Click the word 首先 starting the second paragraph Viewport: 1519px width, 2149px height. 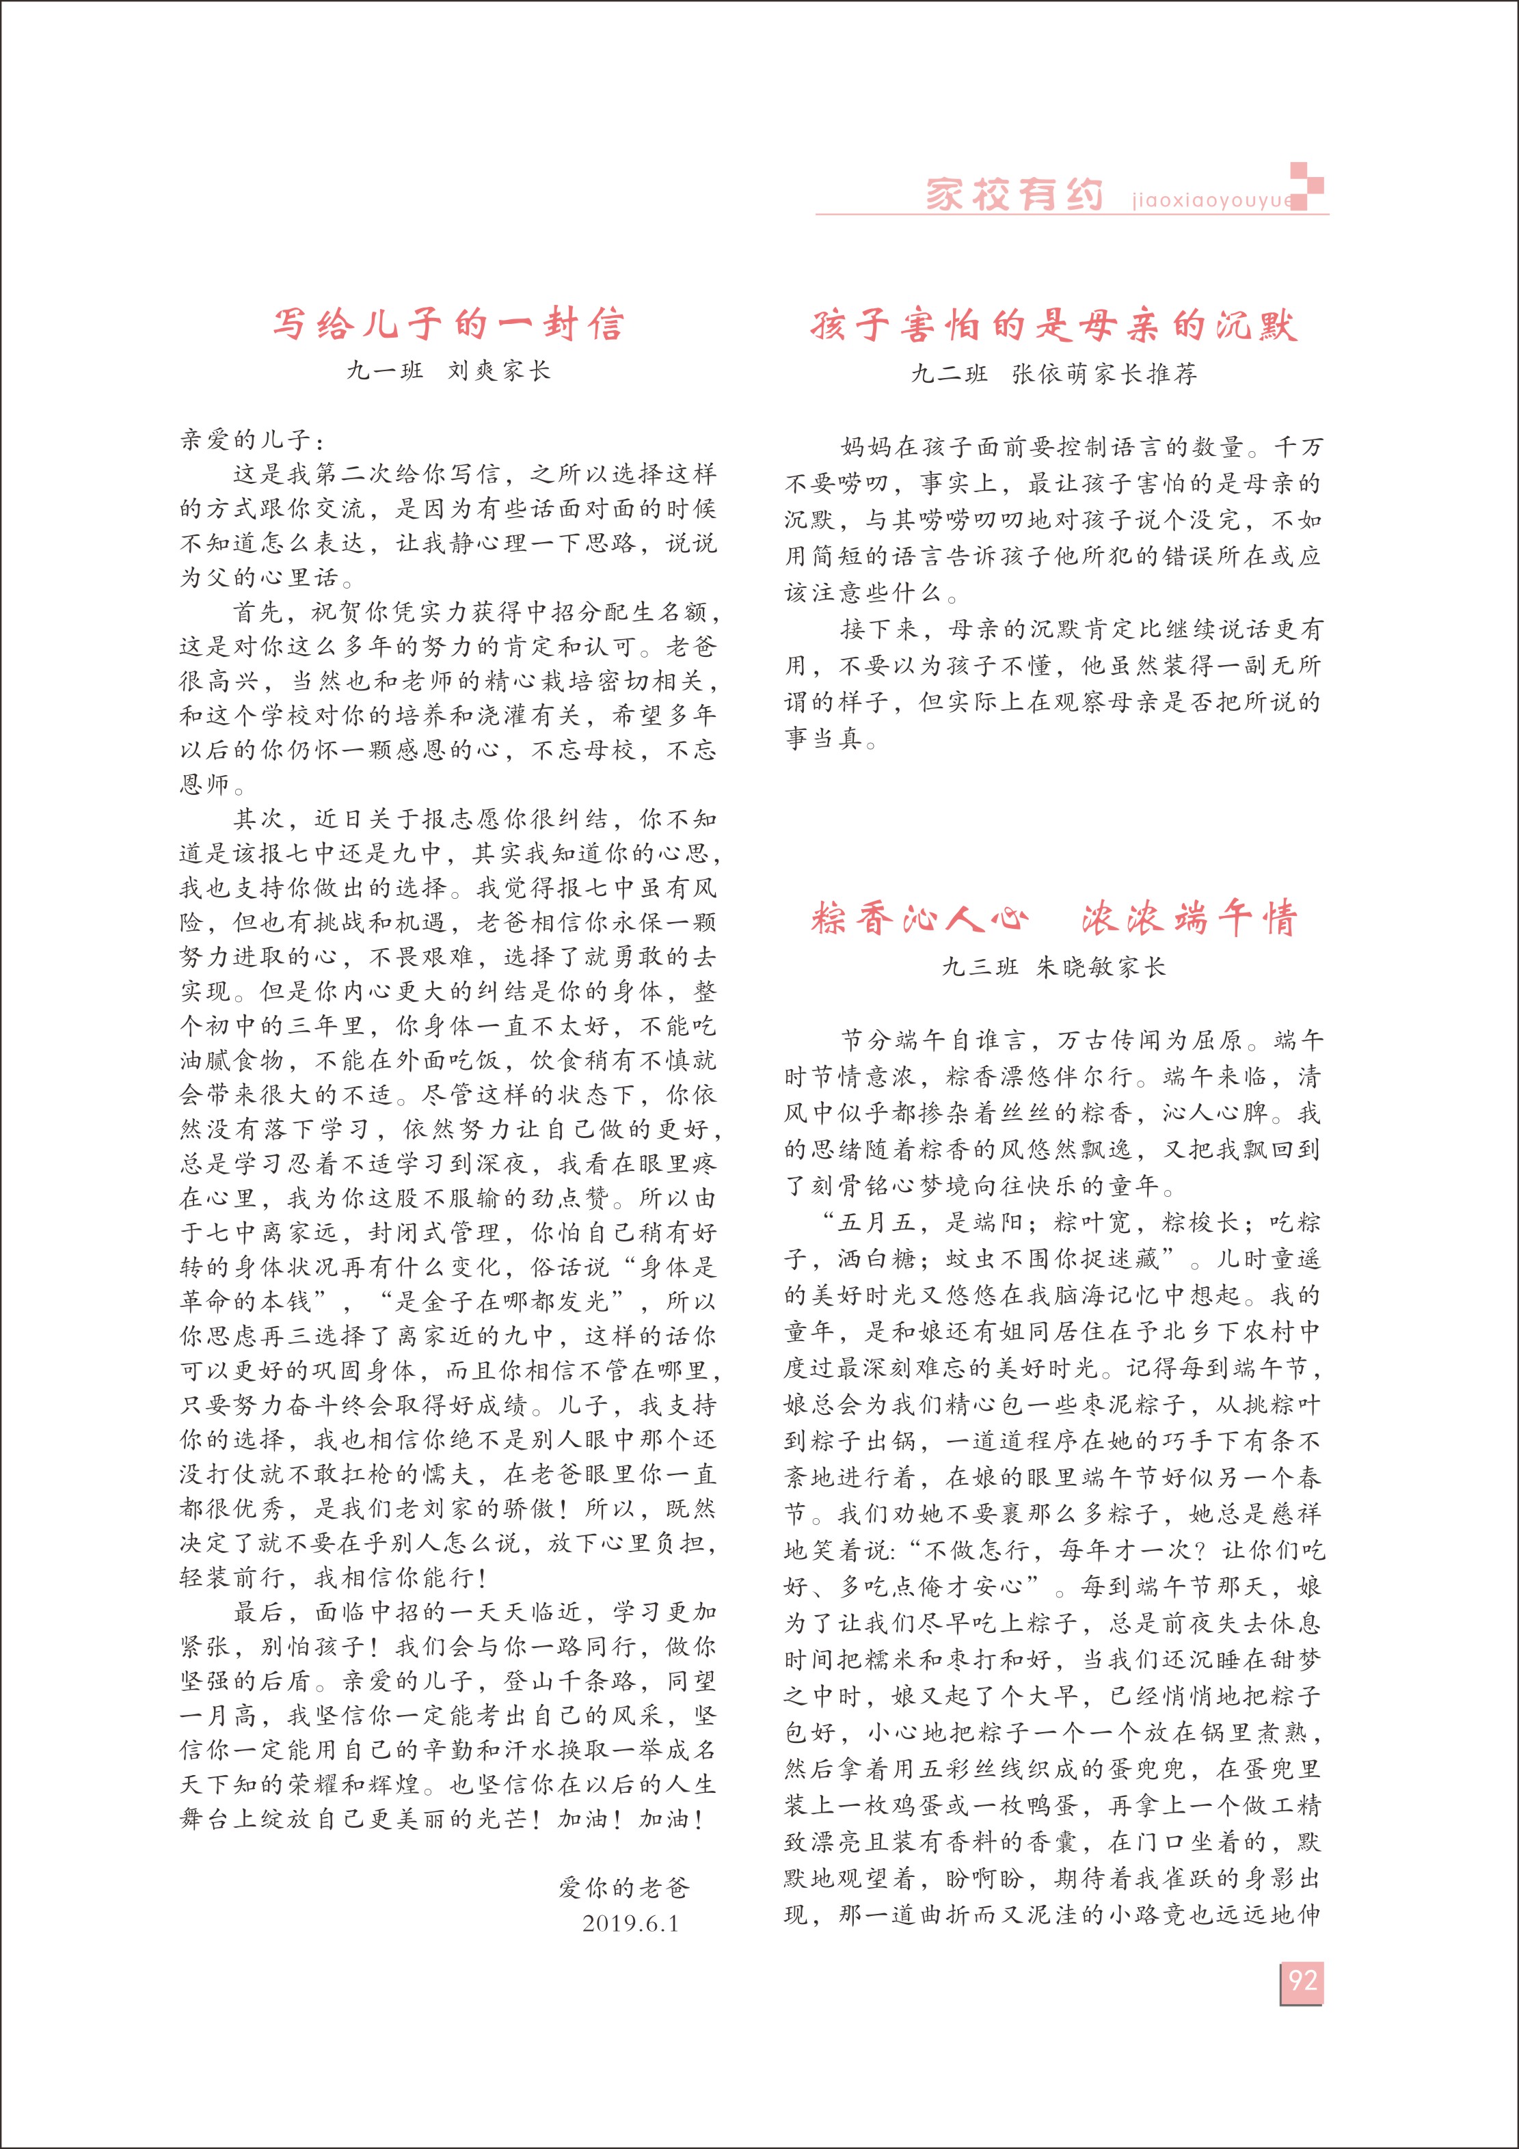pyautogui.click(x=256, y=612)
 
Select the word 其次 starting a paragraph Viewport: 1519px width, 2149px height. pyautogui.click(x=256, y=819)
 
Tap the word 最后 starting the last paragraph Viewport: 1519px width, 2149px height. pyautogui.click(x=256, y=1612)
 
